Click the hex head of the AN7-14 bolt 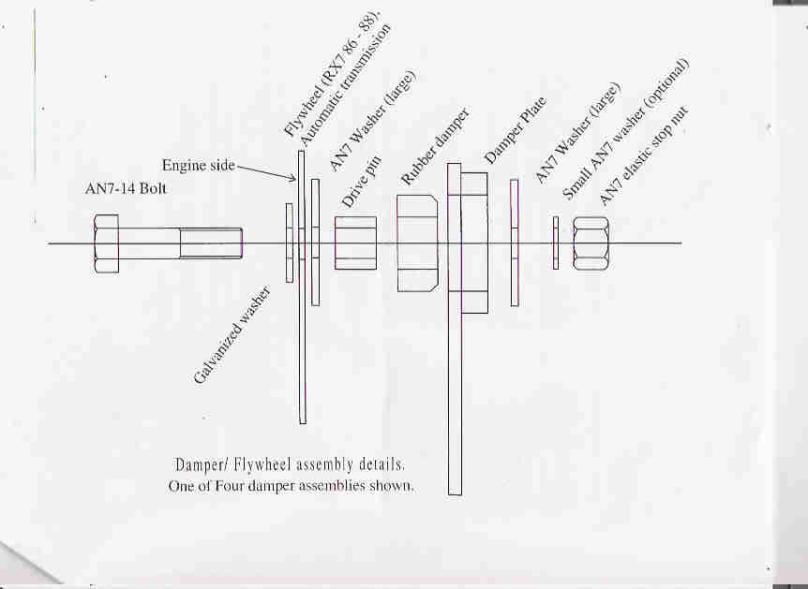[106, 243]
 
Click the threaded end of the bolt [211, 243]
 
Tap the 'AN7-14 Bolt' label [126, 188]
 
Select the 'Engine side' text [199, 165]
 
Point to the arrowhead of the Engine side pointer [293, 178]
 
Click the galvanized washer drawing [290, 243]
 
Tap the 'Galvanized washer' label [232, 335]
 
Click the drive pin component [355, 243]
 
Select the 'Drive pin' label [361, 182]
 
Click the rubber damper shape [417, 243]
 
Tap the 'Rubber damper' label [436, 147]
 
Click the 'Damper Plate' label [516, 131]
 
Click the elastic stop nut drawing [591, 243]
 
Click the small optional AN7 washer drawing [556, 243]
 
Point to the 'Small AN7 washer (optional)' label [625, 128]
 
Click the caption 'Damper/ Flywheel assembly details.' [290, 464]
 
